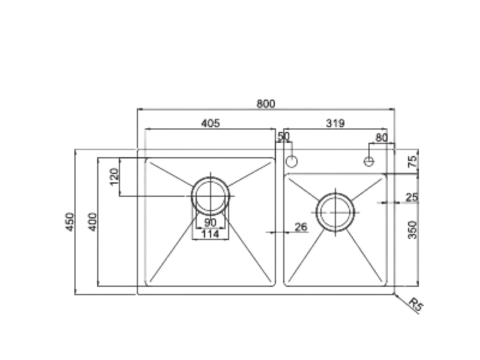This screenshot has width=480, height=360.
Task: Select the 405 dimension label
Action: point(210,125)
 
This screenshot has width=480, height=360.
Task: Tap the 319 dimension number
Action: point(335,125)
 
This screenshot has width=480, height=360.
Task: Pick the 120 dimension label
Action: point(115,179)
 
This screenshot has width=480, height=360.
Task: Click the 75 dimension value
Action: point(412,159)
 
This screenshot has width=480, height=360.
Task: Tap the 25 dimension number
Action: point(412,197)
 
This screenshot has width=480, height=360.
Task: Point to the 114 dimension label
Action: point(210,235)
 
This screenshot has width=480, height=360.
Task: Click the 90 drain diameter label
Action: point(210,222)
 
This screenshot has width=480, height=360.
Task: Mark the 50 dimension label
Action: point(283,136)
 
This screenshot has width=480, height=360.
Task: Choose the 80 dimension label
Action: point(380,136)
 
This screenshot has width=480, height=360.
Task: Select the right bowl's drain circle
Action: point(334,210)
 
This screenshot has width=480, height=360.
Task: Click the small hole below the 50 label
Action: point(292,159)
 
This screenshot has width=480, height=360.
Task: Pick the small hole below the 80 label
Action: point(370,159)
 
